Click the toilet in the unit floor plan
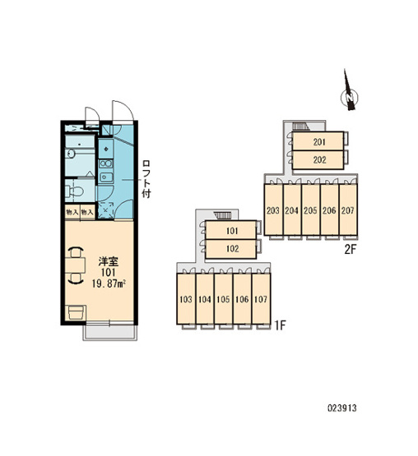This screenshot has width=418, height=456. coord(75,191)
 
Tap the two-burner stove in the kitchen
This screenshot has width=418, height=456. coord(106,164)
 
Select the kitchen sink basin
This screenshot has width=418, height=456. coord(106,177)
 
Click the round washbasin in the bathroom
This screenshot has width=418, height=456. coord(70,154)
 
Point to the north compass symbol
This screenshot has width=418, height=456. coord(349,92)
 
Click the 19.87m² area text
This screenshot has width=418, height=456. coord(109,283)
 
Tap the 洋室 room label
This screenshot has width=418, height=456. coord(109,261)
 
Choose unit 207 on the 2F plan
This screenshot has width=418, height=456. coord(348,210)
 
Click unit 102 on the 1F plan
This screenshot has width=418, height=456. coord(231,249)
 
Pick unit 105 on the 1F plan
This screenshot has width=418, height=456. coord(224,299)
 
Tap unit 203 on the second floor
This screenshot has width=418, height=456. coord(273,210)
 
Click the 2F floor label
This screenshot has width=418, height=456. coord(351,250)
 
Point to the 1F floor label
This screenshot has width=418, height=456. coord(280,325)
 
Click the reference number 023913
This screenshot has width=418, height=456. coord(342,408)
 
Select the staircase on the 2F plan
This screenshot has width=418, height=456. coord(300,126)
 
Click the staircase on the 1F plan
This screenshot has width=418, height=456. coord(223,215)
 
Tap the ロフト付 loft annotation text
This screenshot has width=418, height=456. coord(146,178)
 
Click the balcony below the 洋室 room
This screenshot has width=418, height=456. coord(110,332)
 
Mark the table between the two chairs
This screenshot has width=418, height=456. coord(75,265)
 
